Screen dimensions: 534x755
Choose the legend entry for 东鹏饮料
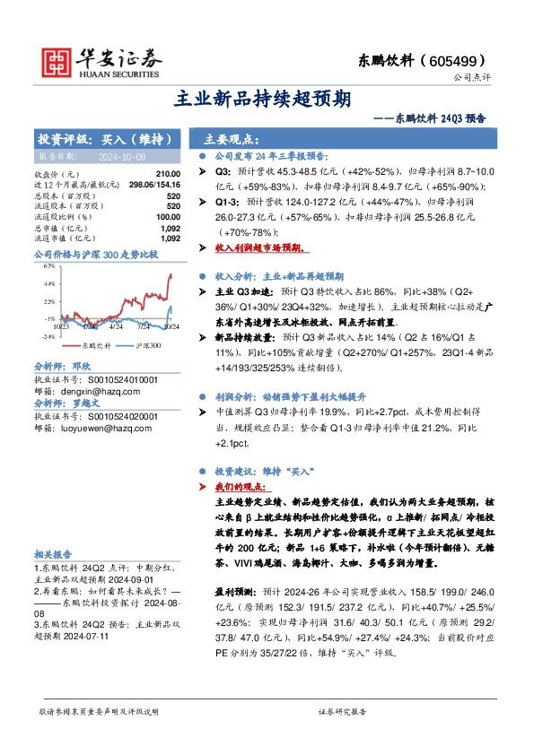(88, 345)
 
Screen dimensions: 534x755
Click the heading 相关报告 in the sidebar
(52, 554)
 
